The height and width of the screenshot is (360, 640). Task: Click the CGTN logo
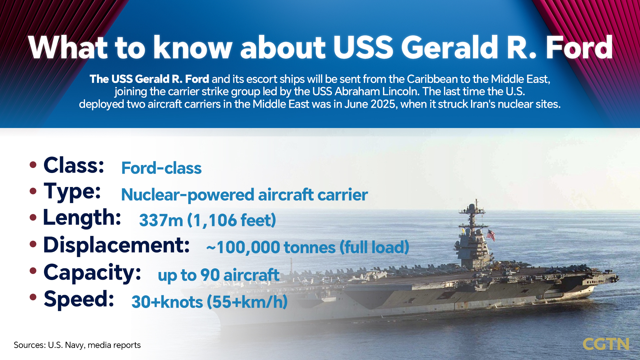point(606,344)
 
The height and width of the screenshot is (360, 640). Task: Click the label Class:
point(74,165)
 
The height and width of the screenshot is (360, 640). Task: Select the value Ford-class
point(161,168)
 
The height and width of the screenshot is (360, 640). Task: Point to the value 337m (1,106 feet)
point(207,220)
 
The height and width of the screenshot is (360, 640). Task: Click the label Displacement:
point(116,245)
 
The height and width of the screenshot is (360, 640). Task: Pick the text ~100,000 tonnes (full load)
point(307,247)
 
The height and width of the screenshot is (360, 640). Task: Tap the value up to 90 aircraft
point(218,275)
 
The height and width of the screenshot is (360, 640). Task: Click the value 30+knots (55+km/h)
point(209,302)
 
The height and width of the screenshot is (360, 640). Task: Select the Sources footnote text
point(77,345)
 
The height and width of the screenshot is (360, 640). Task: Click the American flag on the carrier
point(491,235)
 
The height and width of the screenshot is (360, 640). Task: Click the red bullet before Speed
point(33,297)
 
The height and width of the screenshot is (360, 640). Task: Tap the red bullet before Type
point(33,191)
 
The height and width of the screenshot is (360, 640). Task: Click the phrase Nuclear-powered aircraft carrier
point(244,195)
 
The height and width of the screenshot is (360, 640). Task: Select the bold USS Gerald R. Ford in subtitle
point(149,79)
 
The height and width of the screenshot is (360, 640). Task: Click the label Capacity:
point(92,273)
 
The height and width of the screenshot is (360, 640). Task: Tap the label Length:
point(82,218)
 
